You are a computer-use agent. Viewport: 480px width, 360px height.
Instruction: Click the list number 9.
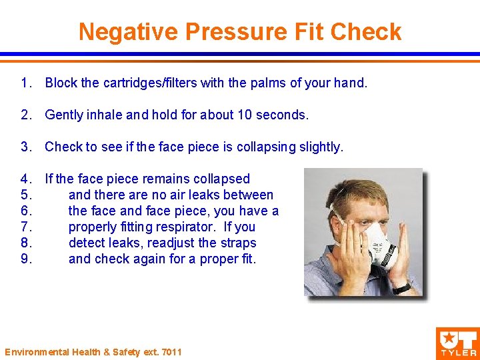click(x=26, y=259)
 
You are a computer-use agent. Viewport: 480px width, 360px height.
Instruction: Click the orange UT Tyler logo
click(x=457, y=342)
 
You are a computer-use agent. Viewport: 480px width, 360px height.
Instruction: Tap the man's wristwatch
click(x=402, y=288)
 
